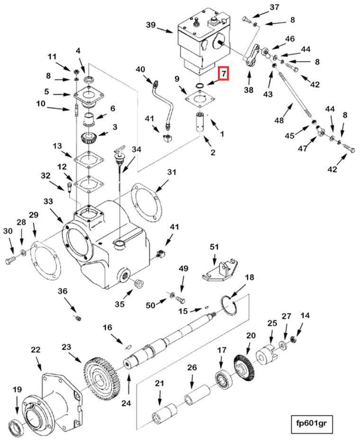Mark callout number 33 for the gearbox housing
pos(49,201)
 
